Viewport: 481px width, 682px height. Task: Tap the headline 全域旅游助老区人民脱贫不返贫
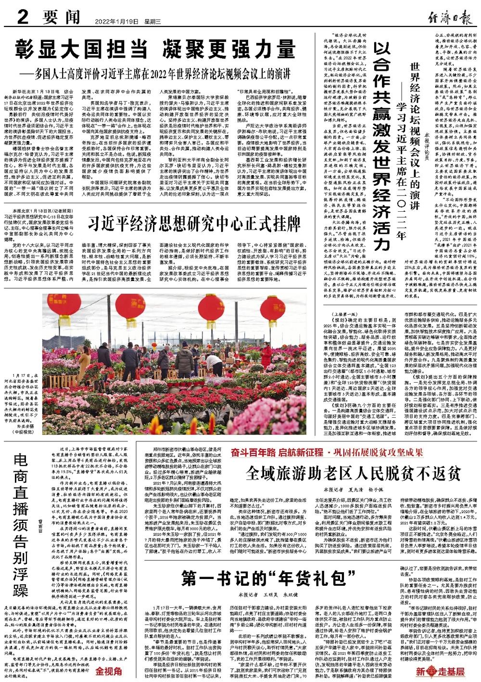tap(353, 474)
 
